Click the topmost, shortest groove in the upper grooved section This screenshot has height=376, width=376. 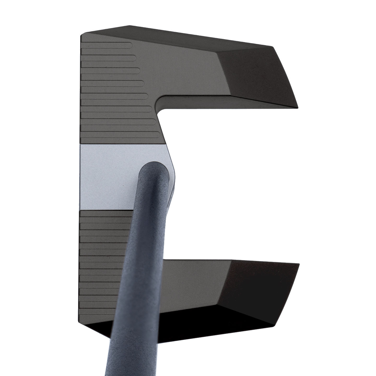point(107,45)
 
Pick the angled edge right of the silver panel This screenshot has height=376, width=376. point(171,162)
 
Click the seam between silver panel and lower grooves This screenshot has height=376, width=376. point(104,210)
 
